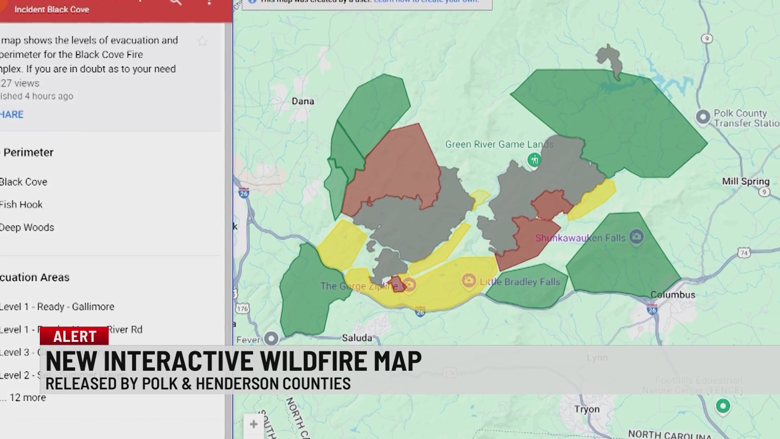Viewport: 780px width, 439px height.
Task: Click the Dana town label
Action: coord(303,101)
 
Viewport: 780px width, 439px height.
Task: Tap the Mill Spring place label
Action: coord(745,181)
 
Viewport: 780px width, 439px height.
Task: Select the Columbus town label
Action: coord(673,295)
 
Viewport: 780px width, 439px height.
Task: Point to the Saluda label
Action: coord(357,338)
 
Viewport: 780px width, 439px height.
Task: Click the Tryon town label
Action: coord(587,409)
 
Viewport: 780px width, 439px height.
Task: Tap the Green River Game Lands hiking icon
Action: coord(534,160)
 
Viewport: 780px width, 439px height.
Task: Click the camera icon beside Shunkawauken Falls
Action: coord(636,237)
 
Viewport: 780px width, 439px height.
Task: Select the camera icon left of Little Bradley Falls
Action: coord(468,280)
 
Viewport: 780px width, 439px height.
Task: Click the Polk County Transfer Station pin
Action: coord(703,117)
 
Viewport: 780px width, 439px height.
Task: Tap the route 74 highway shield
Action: coord(744,253)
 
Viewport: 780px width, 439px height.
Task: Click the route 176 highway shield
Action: coord(242,309)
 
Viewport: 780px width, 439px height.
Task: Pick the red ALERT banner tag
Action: coord(74,336)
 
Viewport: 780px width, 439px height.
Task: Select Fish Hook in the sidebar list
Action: coord(21,204)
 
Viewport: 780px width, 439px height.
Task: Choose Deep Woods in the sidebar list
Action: coord(27,227)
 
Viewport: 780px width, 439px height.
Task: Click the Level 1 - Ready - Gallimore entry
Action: coord(57,306)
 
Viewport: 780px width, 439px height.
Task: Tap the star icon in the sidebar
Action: coord(202,41)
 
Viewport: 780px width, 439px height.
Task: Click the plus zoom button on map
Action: coord(253,424)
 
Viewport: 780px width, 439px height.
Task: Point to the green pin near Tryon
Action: coord(723,406)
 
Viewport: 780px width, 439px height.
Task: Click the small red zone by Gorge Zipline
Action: coord(396,283)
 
